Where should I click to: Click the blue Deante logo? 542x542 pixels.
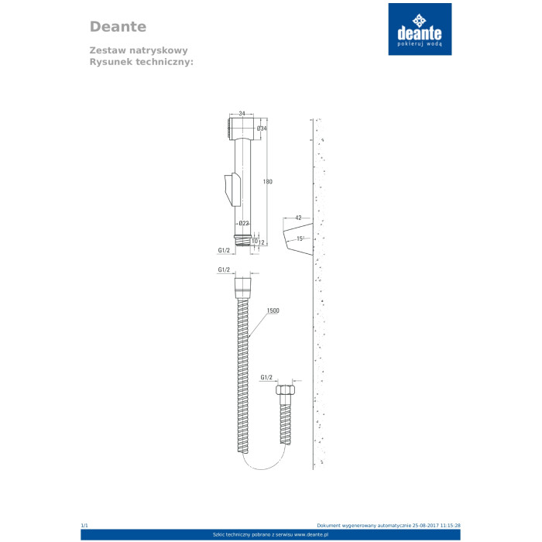(420, 29)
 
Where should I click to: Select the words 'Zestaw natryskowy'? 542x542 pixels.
(132, 49)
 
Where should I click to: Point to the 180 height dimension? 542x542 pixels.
(268, 181)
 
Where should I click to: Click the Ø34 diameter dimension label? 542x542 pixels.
(262, 129)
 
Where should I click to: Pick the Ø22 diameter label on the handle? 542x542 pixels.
(244, 223)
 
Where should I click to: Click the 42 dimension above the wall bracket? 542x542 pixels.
(298, 218)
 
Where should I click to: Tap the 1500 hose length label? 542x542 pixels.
(273, 310)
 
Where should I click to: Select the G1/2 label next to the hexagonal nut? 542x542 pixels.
(267, 377)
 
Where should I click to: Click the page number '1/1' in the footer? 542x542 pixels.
(84, 526)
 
